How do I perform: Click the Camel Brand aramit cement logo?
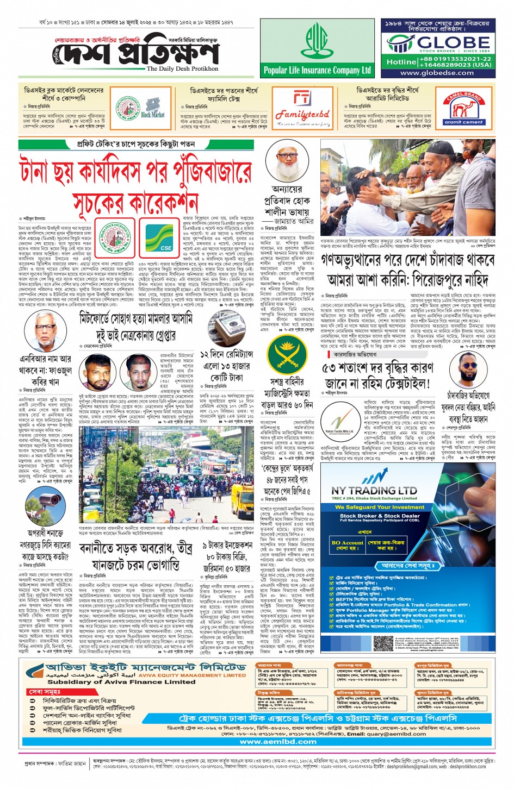463,107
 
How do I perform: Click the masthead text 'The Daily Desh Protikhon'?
182,69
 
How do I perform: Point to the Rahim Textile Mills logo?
339,422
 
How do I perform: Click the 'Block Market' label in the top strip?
152,115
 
